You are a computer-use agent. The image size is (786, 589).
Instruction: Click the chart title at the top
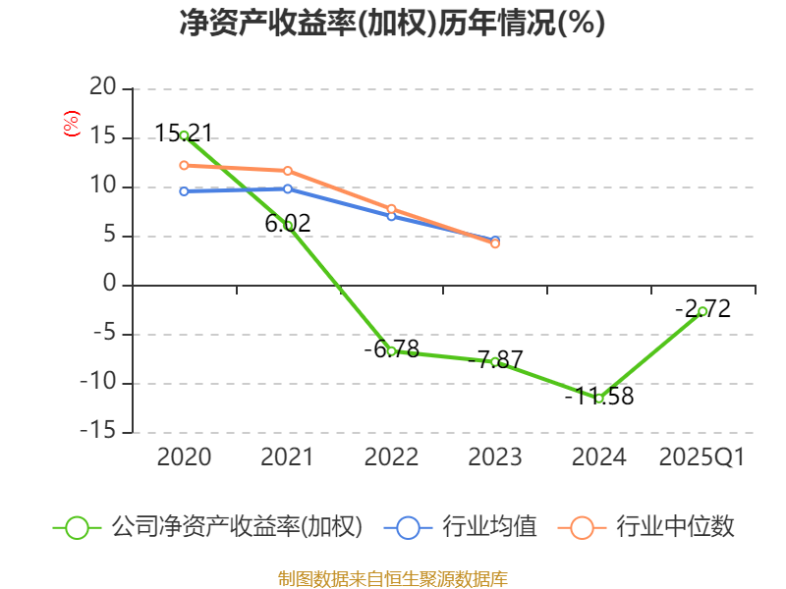(392, 23)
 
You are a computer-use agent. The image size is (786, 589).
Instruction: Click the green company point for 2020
(184, 135)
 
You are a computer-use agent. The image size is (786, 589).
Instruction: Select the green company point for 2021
(288, 226)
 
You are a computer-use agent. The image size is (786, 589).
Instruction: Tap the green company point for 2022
(391, 350)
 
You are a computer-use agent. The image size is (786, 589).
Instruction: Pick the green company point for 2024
(599, 398)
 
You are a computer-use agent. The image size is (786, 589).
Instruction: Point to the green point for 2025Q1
(702, 311)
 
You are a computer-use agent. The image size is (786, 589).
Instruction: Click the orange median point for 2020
(184, 165)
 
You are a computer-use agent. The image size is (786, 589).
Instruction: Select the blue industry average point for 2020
(184, 191)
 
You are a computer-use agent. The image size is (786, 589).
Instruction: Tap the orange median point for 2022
(391, 208)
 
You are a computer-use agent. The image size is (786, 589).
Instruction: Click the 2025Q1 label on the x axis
(702, 457)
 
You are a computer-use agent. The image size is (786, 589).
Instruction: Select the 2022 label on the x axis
(391, 457)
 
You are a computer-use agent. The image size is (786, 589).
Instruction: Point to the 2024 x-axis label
(599, 457)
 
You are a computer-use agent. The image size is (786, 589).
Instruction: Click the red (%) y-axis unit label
(71, 124)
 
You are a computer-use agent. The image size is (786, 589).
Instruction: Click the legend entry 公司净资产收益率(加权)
(236, 527)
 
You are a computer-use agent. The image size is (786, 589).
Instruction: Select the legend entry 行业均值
(488, 527)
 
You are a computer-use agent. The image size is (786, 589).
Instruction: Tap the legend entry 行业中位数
(674, 527)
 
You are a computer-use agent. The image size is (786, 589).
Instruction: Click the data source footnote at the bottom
(392, 578)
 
